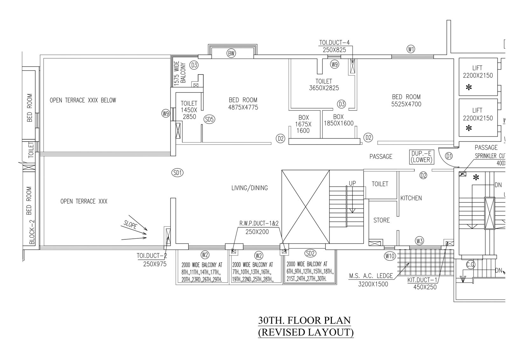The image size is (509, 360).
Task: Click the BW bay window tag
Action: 231,53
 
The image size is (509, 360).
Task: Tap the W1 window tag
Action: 411,49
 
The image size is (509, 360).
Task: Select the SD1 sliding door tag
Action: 177,173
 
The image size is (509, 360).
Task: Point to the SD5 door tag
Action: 209,119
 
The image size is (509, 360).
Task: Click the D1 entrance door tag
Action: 449,156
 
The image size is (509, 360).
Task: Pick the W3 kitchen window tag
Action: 419,241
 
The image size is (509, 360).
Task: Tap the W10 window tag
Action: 390,256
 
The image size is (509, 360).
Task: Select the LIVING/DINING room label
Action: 249,188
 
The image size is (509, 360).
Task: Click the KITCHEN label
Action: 411,198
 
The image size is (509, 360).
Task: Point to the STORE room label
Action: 381,220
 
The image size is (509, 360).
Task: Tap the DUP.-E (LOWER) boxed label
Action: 422,157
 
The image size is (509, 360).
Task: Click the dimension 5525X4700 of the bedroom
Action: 406,104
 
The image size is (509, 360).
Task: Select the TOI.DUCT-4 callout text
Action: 334,43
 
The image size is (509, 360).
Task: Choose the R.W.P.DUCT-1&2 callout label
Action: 259,223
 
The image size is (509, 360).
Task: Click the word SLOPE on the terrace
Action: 130,225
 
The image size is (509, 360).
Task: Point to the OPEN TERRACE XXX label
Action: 84,201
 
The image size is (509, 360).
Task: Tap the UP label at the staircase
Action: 352,183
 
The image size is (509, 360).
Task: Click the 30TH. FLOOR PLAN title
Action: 304,320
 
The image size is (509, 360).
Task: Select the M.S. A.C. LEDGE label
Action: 371,276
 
